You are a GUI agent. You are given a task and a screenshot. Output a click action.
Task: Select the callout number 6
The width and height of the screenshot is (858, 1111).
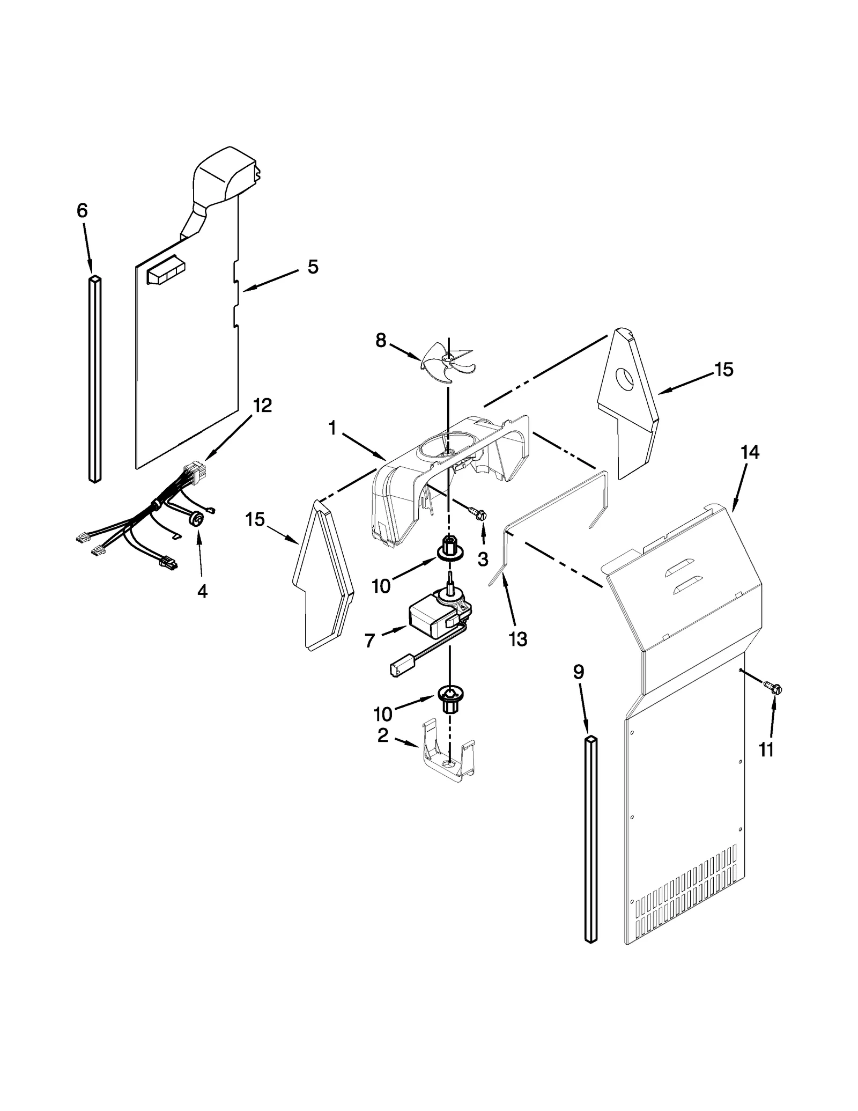coord(82,211)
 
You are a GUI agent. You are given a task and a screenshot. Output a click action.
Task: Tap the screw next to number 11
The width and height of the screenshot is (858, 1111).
coord(774,687)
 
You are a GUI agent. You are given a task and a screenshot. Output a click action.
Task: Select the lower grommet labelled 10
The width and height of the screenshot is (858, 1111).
coord(449,698)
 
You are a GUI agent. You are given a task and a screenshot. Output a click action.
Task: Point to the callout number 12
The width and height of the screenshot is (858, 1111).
coord(262,405)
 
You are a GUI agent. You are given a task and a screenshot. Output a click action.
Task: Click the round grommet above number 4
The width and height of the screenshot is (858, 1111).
coord(197,518)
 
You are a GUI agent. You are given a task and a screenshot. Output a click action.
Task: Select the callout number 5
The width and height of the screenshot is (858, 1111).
coord(313,267)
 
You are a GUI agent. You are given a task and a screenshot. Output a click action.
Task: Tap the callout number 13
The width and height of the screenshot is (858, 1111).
coord(518,639)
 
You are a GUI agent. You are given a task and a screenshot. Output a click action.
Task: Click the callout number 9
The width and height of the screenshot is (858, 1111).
coord(578,672)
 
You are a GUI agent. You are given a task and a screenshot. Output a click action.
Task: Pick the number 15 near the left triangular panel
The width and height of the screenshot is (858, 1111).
coord(255,519)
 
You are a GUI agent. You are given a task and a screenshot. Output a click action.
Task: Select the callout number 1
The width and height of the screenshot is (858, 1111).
coord(332,428)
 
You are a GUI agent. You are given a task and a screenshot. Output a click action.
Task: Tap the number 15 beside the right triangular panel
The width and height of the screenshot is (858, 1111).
coord(724,369)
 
